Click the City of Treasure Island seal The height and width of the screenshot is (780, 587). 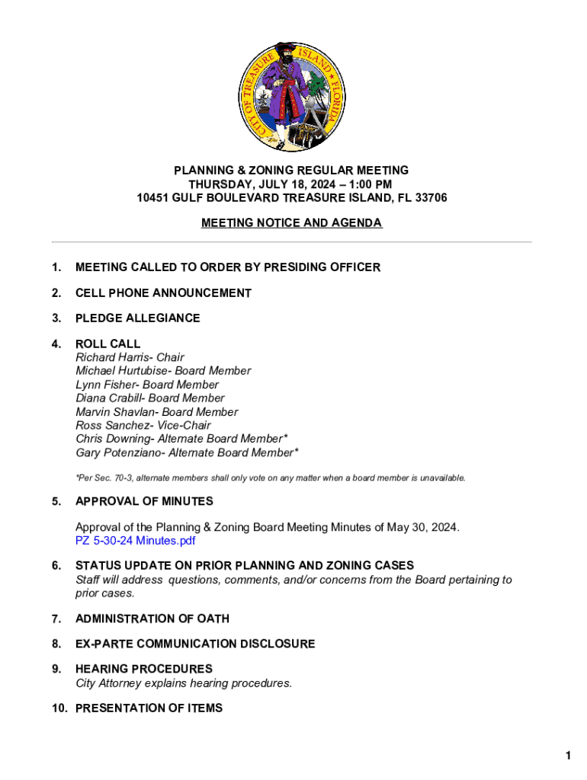click(x=293, y=95)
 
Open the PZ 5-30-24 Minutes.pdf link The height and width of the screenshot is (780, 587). click(x=135, y=541)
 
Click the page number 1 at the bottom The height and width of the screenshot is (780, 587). click(x=568, y=756)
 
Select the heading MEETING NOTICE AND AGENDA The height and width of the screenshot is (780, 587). click(x=292, y=223)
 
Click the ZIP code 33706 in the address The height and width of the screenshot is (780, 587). click(x=431, y=198)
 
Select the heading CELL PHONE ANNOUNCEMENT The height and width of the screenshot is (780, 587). click(x=163, y=293)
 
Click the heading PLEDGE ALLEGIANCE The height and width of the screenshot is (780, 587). click(x=138, y=318)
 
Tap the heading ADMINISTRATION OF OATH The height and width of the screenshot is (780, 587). click(x=152, y=619)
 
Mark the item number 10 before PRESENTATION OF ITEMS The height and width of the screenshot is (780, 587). click(x=59, y=708)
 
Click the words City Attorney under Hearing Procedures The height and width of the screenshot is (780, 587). click(x=108, y=683)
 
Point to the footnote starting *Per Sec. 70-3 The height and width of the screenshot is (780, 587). click(x=270, y=478)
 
